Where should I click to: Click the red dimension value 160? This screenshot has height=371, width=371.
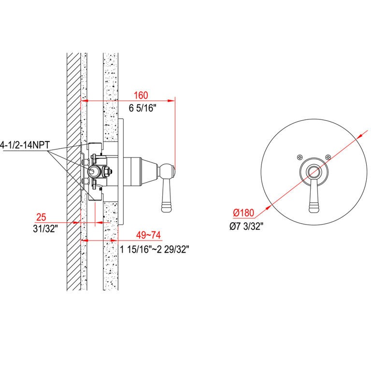click(x=141, y=95)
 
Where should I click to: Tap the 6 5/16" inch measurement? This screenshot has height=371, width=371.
click(x=143, y=108)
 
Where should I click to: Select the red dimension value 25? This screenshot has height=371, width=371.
click(x=41, y=217)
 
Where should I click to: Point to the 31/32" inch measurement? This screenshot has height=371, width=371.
click(x=45, y=229)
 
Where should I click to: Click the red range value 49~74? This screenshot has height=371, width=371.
click(x=148, y=235)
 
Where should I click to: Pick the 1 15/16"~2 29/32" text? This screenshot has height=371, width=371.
click(x=155, y=249)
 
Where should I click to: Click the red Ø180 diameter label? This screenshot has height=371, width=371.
click(x=243, y=213)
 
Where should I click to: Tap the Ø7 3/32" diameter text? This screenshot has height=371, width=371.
click(x=246, y=227)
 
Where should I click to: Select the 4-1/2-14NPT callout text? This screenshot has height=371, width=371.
click(x=25, y=144)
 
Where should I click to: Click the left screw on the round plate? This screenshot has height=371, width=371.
click(x=300, y=157)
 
